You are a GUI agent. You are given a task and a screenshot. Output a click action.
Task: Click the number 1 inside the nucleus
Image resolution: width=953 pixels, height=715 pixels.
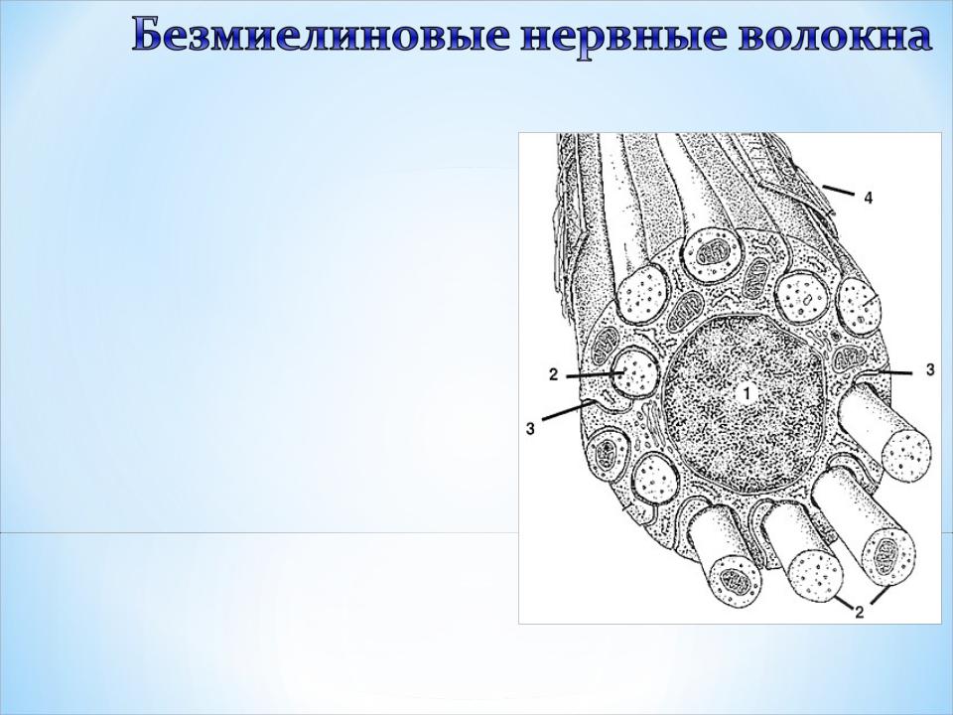(747, 393)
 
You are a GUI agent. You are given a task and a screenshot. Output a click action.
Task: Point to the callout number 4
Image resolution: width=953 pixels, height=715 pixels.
(869, 198)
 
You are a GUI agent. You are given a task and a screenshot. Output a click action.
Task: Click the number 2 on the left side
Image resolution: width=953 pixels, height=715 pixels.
(553, 374)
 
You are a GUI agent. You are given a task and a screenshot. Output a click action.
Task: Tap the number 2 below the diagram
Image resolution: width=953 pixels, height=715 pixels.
(860, 612)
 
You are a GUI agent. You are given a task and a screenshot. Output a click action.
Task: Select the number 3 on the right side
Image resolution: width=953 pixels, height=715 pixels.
(930, 370)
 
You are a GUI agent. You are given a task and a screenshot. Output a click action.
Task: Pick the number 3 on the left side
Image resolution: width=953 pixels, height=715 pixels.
(530, 429)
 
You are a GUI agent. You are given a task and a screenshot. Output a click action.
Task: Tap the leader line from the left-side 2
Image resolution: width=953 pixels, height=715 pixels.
(593, 376)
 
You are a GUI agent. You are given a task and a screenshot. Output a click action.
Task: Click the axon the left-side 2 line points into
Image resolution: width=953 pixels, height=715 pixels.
(634, 371)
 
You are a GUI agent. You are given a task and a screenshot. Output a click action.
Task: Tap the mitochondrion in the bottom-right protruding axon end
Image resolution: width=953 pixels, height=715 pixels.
(889, 556)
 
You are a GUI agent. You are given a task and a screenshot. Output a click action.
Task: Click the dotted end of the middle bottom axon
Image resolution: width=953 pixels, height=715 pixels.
(816, 573)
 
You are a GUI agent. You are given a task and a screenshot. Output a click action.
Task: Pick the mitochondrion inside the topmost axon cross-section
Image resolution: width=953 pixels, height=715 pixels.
(709, 251)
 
